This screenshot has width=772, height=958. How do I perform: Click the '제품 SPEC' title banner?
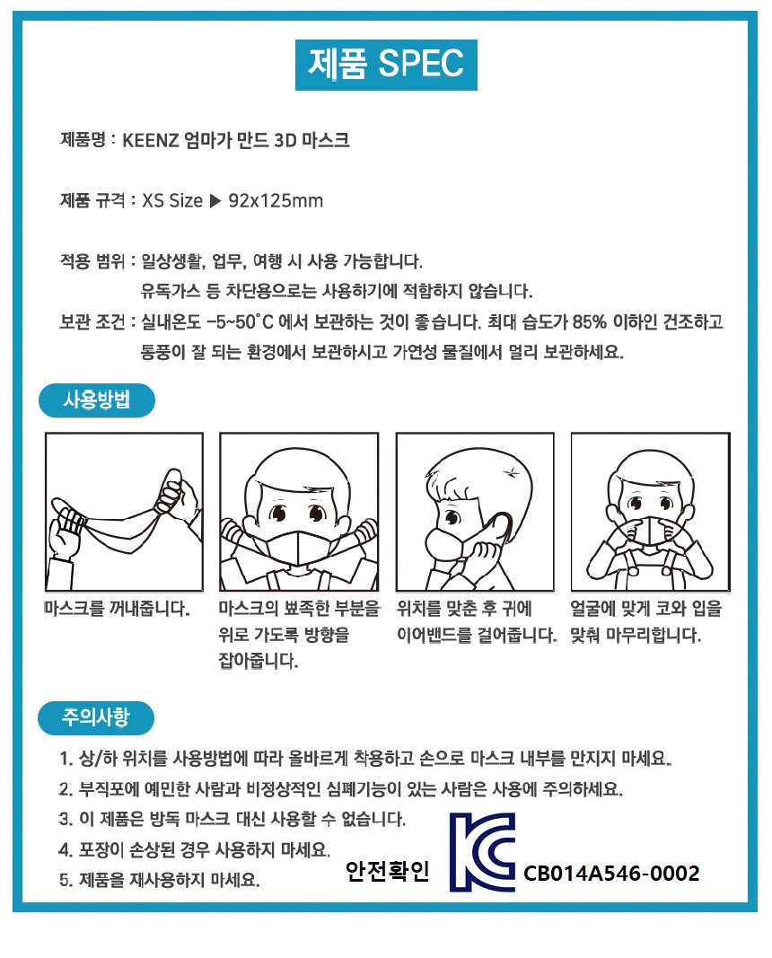[386, 65]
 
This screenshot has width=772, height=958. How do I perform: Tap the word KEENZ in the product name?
[150, 141]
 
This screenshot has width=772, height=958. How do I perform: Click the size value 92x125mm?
[276, 200]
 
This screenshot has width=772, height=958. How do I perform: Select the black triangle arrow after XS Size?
[215, 200]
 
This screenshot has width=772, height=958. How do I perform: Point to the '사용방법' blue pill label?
[97, 400]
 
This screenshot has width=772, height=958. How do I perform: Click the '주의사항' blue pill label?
[96, 717]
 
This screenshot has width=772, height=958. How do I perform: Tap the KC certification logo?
[482, 852]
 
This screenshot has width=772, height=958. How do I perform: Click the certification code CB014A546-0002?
[611, 873]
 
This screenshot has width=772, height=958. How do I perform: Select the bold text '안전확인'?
[387, 871]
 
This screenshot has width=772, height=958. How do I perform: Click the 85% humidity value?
[590, 321]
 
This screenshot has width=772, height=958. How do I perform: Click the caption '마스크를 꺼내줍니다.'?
[118, 609]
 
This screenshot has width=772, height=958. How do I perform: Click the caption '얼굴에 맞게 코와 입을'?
[646, 609]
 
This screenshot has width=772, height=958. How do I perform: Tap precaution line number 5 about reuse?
[160, 880]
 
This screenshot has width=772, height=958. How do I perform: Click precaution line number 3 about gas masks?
[232, 819]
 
